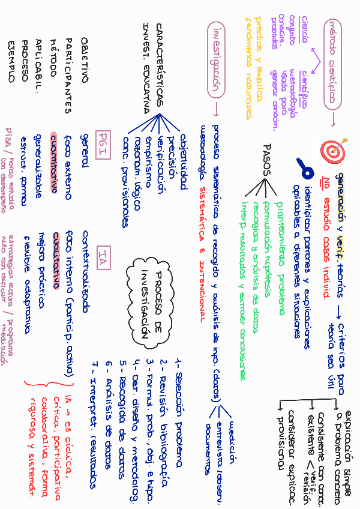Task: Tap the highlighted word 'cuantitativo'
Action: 54,163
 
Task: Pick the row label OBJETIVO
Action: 84,60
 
